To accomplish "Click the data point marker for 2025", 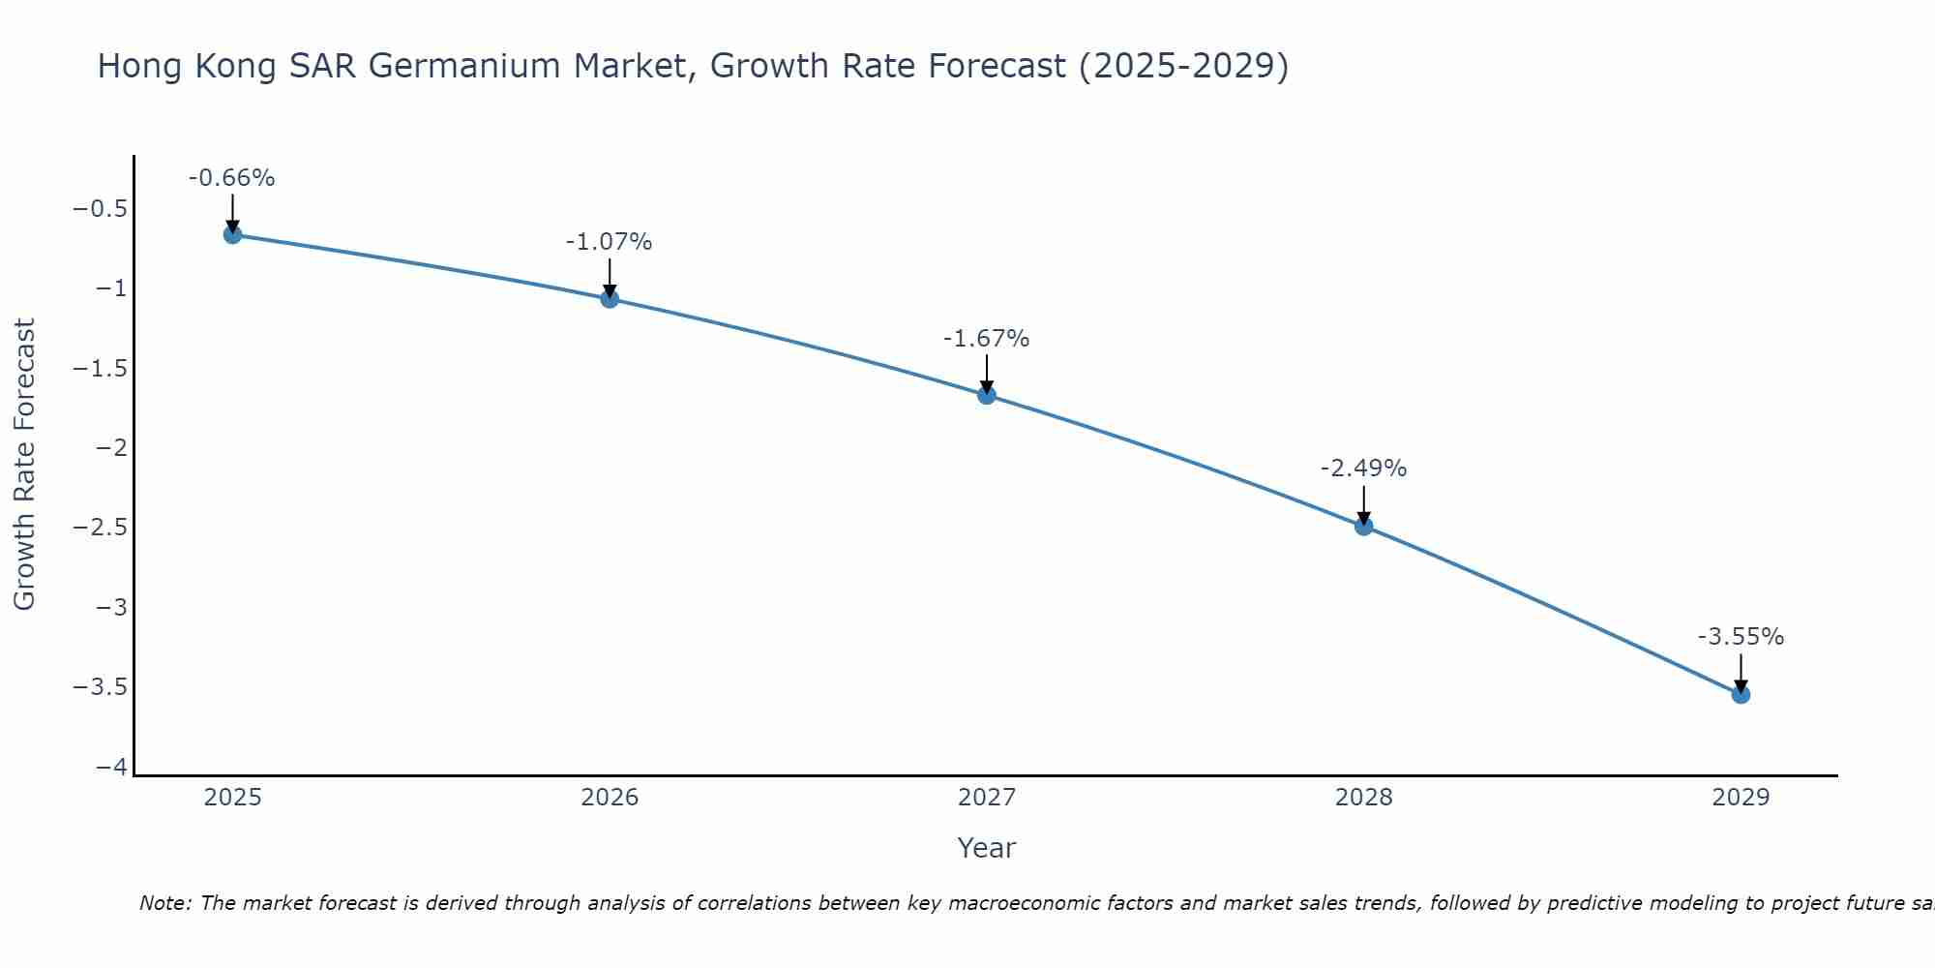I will [232, 234].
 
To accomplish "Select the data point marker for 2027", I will [986, 395].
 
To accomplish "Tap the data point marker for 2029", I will [1741, 694].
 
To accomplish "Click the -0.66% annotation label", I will [232, 178].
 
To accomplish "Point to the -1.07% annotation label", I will [609, 242].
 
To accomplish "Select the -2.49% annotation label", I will [1363, 469].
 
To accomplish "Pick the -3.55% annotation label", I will [1741, 637].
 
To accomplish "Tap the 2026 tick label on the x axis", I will [610, 798].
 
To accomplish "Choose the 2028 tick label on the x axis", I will [1363, 798].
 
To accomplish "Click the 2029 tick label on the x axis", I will [1741, 798].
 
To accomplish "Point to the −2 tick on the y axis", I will [112, 448].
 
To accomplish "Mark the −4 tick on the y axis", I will [112, 767].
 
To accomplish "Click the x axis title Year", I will [986, 848].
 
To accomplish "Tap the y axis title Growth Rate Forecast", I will [24, 465].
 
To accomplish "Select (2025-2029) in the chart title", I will [1183, 66].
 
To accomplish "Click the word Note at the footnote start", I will [164, 904].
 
